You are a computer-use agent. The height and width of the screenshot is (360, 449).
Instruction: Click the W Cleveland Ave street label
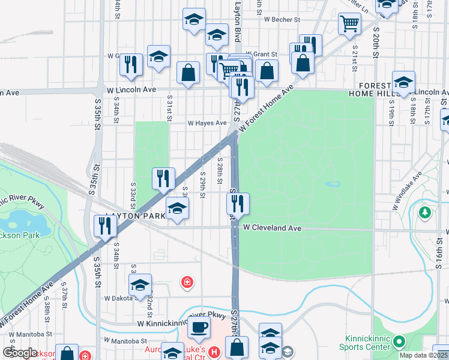click(x=271, y=228)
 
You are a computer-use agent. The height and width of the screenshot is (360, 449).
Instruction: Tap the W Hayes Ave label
click(x=207, y=123)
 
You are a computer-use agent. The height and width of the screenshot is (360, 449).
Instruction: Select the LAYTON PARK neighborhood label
click(x=127, y=216)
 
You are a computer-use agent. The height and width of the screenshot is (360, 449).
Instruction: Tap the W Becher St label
click(x=274, y=20)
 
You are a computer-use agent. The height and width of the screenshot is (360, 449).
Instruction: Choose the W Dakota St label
click(x=120, y=298)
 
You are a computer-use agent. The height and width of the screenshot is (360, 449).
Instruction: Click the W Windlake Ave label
click(x=408, y=191)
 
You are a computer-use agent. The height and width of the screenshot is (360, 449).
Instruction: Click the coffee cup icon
click(x=199, y=328)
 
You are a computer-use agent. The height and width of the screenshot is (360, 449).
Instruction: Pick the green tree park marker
click(x=425, y=212)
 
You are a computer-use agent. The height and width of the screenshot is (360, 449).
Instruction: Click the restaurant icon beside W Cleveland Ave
click(x=238, y=204)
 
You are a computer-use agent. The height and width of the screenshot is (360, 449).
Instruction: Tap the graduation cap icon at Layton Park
click(x=177, y=208)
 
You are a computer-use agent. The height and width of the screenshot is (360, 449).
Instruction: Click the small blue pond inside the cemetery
click(x=331, y=184)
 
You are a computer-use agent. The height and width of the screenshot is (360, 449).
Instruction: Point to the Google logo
click(x=19, y=353)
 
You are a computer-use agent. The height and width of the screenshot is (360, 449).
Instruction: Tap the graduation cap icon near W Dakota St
click(x=140, y=285)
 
